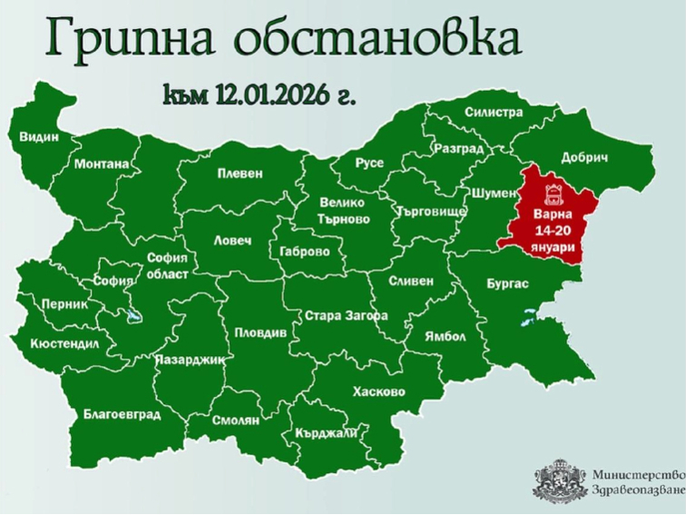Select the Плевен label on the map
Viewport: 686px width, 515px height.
tap(240, 173)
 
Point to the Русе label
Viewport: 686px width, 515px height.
tap(369, 163)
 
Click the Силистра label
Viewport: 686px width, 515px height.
tap(493, 112)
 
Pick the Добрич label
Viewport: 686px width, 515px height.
tap(584, 157)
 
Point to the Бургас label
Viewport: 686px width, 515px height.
tap(507, 283)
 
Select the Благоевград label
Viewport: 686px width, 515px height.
tap(122, 414)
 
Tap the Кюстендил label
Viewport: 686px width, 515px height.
tap(64, 344)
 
